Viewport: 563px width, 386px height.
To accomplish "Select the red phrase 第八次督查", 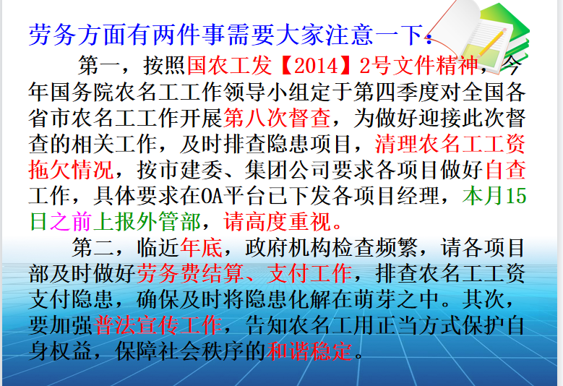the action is click(x=278, y=118).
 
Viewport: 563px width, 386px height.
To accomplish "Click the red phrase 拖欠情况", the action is click(x=72, y=169).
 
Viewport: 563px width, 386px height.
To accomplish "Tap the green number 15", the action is click(x=516, y=196).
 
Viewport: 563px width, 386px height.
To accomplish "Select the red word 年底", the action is click(x=201, y=247).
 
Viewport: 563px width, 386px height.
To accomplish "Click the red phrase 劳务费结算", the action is click(x=190, y=273).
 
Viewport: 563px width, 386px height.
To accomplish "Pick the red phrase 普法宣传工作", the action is click(x=158, y=325).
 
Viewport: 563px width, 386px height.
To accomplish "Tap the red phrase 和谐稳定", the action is click(x=309, y=351).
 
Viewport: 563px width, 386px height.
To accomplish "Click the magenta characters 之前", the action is click(x=72, y=221).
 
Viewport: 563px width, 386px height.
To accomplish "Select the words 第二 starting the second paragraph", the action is click(x=93, y=247).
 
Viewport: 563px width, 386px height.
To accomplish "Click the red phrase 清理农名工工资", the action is click(x=450, y=144).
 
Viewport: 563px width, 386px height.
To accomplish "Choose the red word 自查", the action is click(x=506, y=169).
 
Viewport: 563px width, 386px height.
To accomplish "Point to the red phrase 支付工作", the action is click(x=309, y=273).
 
